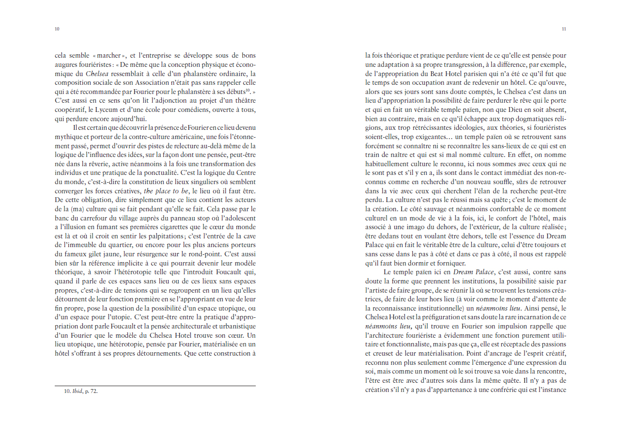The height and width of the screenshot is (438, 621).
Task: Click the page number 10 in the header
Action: click(57, 29)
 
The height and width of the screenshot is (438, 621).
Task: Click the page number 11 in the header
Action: click(564, 29)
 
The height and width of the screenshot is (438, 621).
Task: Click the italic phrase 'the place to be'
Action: click(166, 191)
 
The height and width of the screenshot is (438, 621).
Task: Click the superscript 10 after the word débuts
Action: click(248, 90)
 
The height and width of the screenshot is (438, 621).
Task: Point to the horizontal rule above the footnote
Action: click(155, 386)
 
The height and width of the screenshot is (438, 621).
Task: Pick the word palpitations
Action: click(164, 236)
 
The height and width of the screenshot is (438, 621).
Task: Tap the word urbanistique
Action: click(235, 326)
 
